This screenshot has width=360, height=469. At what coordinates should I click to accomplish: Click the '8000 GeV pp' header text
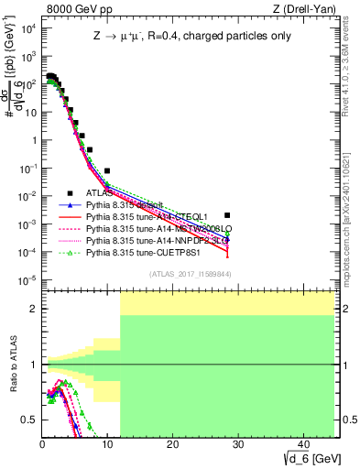click(x=76, y=9)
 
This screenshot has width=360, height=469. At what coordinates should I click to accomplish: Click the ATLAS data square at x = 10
click(x=107, y=170)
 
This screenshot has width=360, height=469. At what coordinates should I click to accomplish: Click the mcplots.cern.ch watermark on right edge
click(x=352, y=220)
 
